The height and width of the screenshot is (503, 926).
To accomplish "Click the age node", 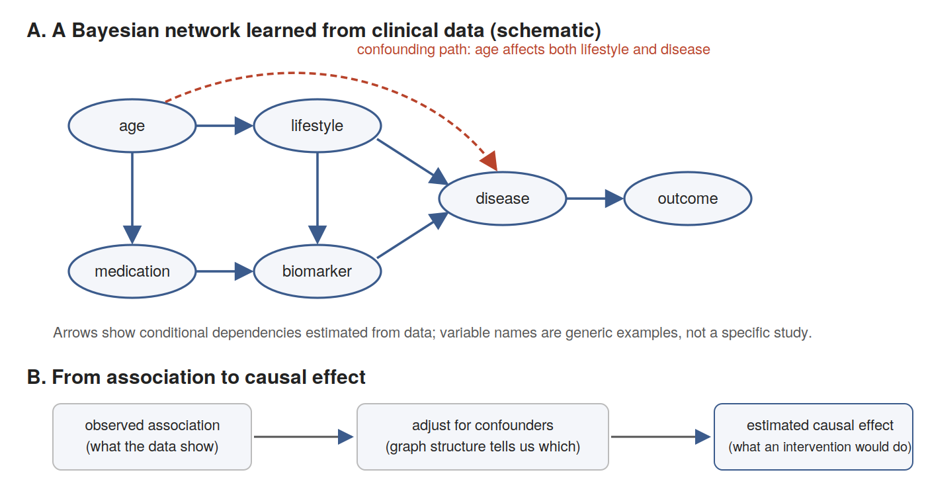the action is click(x=132, y=125).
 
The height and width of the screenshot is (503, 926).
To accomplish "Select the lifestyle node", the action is click(x=317, y=125).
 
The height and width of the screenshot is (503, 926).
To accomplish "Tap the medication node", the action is click(x=132, y=271).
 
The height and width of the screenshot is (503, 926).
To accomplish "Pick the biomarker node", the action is click(x=317, y=271).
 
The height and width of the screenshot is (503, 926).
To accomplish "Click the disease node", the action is click(x=502, y=199).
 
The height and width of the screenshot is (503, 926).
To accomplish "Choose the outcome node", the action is click(x=687, y=199).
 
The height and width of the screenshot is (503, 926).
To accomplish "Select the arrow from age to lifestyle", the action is click(x=224, y=125).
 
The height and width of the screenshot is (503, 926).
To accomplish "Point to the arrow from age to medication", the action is click(x=132, y=199).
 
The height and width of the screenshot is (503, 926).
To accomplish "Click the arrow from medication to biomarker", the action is click(x=224, y=271).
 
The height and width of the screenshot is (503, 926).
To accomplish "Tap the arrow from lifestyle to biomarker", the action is click(x=317, y=199).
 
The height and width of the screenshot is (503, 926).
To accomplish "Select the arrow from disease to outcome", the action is click(x=595, y=199).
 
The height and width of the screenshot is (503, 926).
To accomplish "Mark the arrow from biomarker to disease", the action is click(x=413, y=235).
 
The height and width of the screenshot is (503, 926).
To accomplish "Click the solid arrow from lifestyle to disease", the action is click(x=413, y=161).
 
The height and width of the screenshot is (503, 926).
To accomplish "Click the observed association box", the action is click(x=152, y=437).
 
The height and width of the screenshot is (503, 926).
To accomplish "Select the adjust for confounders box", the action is click(x=482, y=437).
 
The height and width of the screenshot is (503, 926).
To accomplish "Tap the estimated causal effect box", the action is click(x=813, y=437).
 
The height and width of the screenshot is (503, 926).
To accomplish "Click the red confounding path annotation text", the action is click(x=533, y=49).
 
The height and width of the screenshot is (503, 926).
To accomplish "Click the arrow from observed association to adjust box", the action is click(x=304, y=437).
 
